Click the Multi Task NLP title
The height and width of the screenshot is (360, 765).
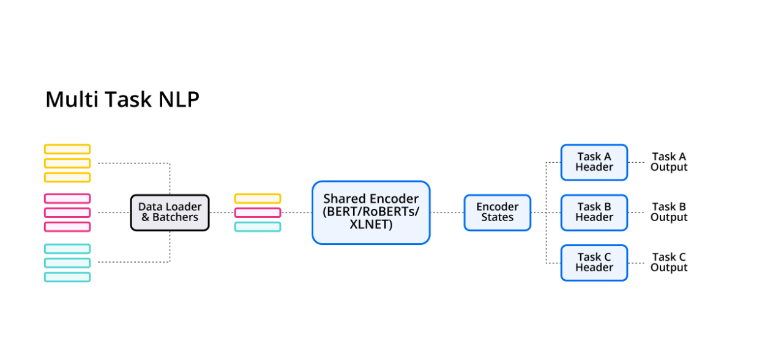122,99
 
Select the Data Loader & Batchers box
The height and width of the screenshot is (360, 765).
170,212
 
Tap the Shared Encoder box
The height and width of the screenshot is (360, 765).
371,212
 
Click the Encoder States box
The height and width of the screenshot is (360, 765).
497,212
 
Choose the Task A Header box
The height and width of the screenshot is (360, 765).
594,162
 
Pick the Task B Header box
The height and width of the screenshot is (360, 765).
594,212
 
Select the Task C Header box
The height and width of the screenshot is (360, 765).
594,263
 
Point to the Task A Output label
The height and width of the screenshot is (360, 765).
669,162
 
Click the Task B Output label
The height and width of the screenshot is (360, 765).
669,212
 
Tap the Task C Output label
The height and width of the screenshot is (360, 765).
669,263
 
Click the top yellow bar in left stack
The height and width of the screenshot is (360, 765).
67,149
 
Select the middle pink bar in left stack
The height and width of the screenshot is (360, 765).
67,212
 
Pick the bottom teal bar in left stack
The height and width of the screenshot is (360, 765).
67,277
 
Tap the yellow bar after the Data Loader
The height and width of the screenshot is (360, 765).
258,198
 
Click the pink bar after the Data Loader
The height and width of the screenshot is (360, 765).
258,212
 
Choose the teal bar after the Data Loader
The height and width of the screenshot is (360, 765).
258,227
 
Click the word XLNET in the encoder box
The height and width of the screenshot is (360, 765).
371,224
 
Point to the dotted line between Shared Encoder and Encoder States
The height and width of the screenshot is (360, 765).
447,212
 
